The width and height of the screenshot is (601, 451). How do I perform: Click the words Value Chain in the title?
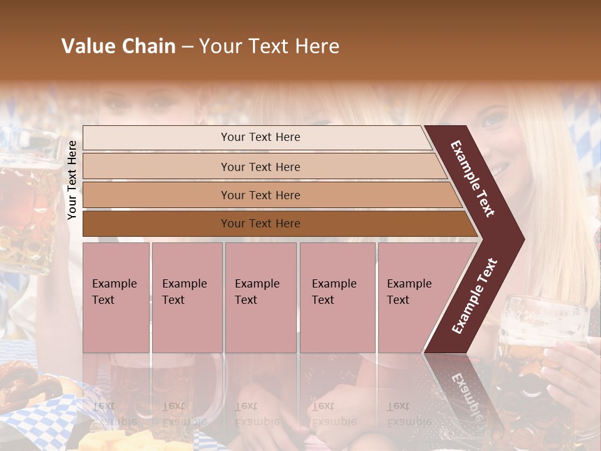118,46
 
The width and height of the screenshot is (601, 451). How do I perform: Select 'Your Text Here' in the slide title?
269,46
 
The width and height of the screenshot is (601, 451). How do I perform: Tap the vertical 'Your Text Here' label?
73,180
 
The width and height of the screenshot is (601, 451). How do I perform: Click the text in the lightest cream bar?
260,137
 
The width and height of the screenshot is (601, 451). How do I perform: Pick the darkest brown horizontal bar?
275,224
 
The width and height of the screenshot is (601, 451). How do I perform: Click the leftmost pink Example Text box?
116,298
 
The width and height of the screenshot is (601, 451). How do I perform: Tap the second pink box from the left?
187,298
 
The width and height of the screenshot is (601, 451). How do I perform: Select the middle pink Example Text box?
260,298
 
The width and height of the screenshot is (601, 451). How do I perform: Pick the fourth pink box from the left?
337,298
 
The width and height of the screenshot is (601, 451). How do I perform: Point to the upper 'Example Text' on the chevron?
473,178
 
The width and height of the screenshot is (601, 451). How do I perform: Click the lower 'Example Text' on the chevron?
475,296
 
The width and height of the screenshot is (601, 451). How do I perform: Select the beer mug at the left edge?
25,200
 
